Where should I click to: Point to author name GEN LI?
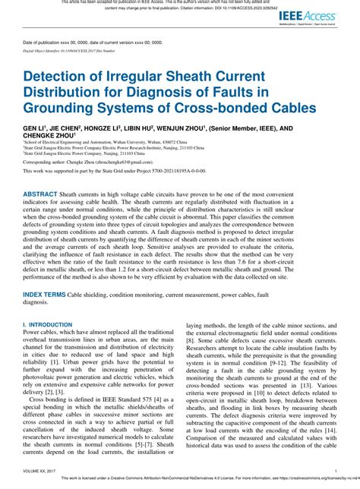pos(35,129)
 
